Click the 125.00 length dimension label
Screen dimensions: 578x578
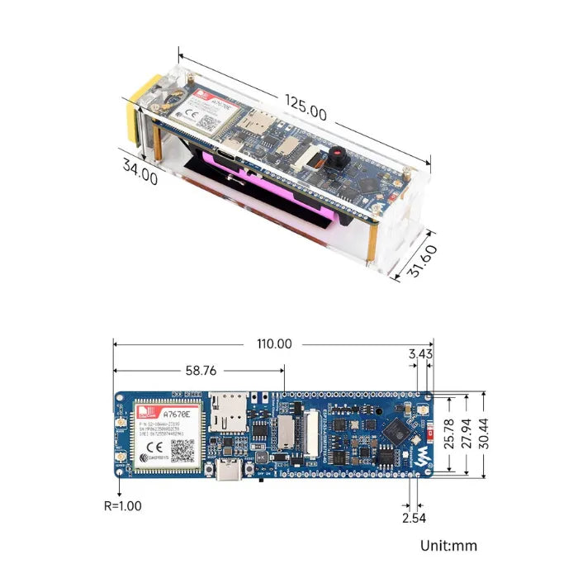click(306, 107)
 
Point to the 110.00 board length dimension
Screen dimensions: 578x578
click(273, 343)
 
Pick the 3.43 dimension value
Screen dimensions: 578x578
click(419, 354)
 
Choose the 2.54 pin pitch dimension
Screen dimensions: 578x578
click(415, 518)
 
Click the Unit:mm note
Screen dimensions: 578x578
click(448, 546)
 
